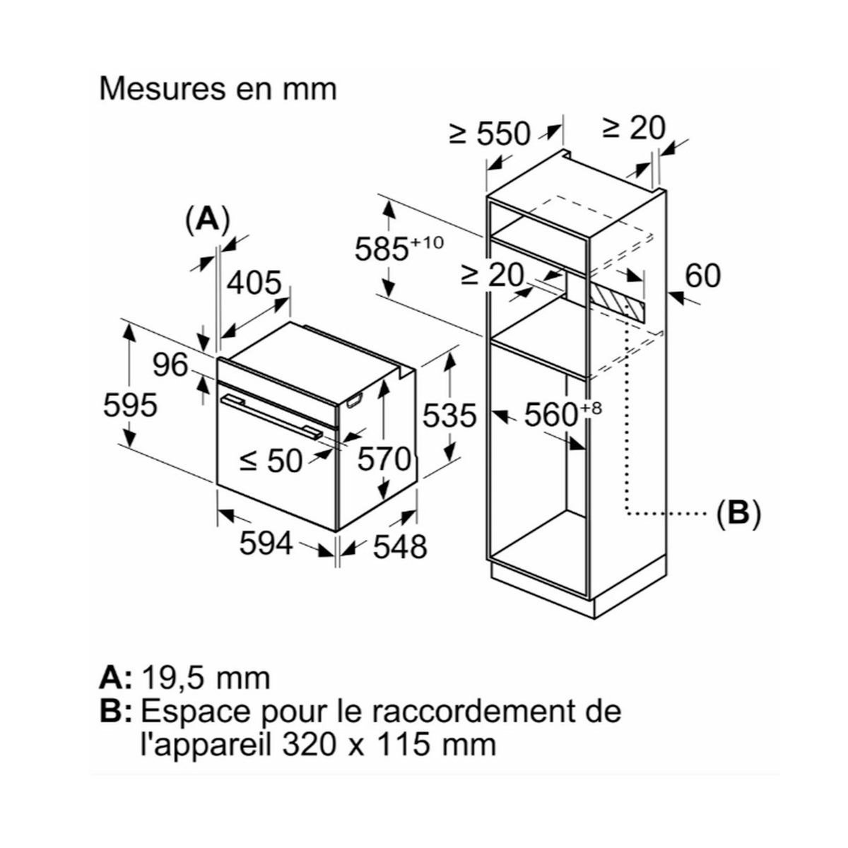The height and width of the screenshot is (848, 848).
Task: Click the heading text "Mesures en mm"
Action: tap(218, 90)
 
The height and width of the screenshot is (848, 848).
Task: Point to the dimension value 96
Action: tap(170, 365)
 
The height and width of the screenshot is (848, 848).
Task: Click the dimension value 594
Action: tap(266, 543)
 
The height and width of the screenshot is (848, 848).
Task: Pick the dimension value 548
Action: tap(400, 546)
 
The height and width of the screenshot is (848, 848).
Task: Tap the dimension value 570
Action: tap(384, 459)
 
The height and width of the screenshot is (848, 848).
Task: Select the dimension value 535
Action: tap(449, 416)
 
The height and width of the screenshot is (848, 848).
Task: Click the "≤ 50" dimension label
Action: tap(271, 461)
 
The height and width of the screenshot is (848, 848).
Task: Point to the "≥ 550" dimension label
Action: tap(490, 133)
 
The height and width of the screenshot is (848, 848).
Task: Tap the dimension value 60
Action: tap(702, 276)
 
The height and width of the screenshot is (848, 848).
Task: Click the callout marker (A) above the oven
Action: tap(207, 220)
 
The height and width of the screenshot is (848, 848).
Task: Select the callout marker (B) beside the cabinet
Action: tap(737, 514)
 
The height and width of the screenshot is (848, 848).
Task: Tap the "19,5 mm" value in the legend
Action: tap(206, 678)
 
